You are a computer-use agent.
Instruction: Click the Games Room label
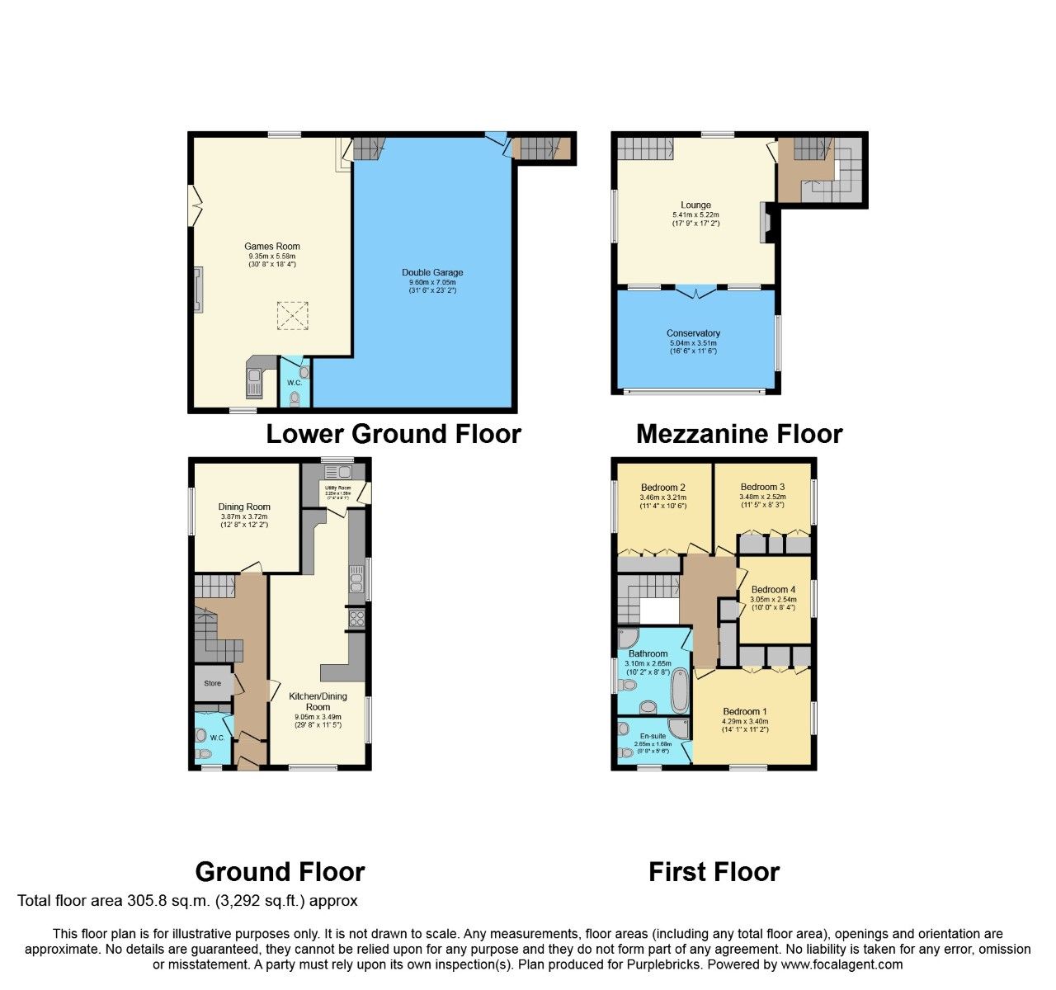point(271,247)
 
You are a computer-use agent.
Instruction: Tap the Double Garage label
point(432,272)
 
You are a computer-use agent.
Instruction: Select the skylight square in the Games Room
point(292,315)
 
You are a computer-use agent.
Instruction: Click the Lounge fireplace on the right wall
point(765,223)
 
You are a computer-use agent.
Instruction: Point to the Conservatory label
point(693,333)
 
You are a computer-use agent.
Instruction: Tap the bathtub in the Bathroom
point(680,691)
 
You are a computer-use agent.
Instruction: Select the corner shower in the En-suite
point(681,728)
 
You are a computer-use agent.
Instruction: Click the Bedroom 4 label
point(772,590)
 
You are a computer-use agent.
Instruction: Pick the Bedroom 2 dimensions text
point(662,502)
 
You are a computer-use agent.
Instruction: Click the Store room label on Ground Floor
point(213,683)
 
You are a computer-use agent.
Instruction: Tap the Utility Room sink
point(338,473)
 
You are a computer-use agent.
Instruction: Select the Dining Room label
point(244,507)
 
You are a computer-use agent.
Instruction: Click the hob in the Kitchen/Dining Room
point(356,618)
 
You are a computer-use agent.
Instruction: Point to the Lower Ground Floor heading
point(393,434)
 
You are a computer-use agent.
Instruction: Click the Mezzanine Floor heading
point(739,434)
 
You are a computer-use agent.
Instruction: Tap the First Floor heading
point(714,872)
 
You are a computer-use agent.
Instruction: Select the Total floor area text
point(187,901)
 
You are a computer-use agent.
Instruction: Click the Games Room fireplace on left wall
point(198,290)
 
